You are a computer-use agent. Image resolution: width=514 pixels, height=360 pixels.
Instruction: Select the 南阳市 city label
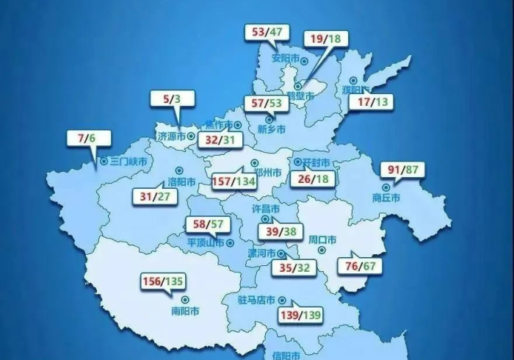[x=184, y=311]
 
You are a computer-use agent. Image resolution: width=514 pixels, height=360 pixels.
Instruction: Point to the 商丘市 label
[x=385, y=198]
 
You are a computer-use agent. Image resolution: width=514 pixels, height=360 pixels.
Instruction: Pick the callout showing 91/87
[x=405, y=170]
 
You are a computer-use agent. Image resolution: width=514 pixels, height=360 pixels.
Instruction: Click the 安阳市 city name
[x=286, y=58]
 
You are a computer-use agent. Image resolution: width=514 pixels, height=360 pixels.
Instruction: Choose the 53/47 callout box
[x=267, y=32]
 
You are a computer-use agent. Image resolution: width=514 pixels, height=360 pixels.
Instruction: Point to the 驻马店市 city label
[x=256, y=300]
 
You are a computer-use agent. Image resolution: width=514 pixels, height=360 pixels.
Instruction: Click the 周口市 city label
[x=322, y=240]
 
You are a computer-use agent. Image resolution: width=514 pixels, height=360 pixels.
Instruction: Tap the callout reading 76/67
[x=359, y=265]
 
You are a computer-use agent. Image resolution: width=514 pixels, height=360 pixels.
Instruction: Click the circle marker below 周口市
[x=321, y=251]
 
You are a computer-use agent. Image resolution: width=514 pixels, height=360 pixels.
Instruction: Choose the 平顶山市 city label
[x=206, y=243]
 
